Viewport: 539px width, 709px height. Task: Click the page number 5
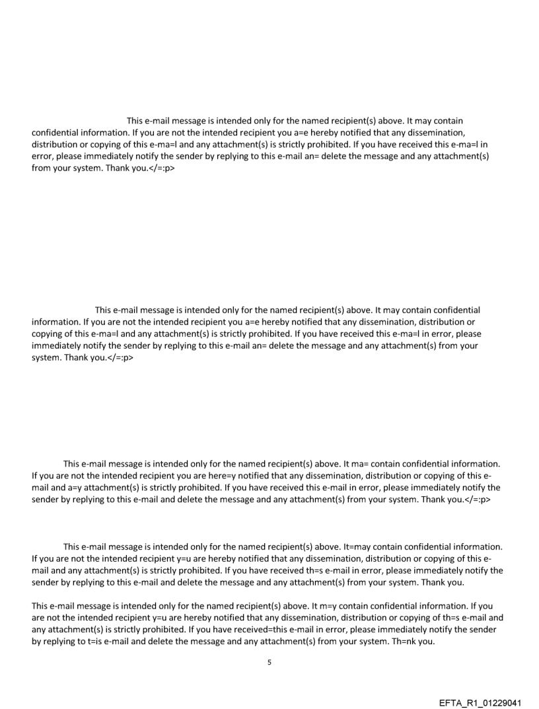point(269,661)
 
